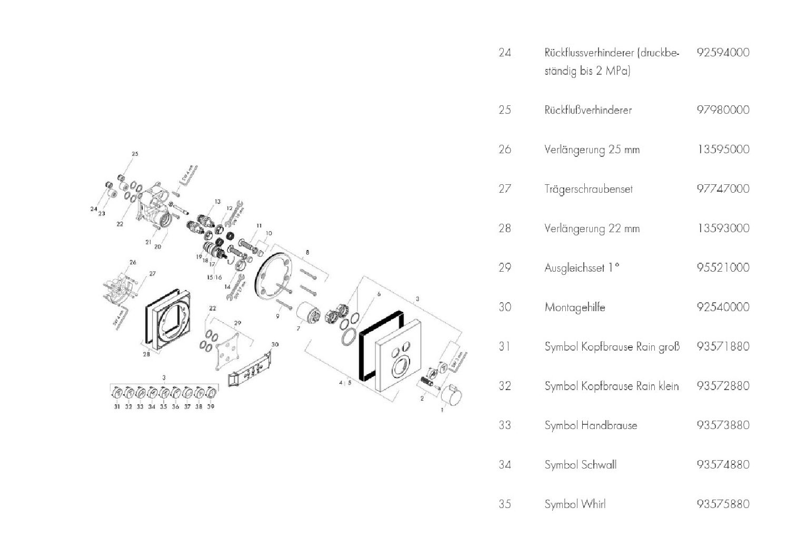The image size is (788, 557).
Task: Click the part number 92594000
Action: click(x=722, y=53)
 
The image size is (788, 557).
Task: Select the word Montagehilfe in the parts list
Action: click(x=574, y=307)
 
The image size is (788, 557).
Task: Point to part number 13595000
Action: click(x=722, y=150)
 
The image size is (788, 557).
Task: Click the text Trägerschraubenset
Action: click(x=588, y=189)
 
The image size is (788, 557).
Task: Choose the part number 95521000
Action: click(x=722, y=267)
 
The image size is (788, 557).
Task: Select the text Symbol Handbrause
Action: click(x=591, y=425)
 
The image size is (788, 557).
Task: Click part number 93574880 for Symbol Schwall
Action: click(x=722, y=464)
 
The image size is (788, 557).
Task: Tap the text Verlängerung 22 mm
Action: click(x=592, y=228)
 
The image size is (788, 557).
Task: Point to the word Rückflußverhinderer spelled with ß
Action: click(x=587, y=110)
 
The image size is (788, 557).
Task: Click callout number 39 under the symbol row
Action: click(x=211, y=406)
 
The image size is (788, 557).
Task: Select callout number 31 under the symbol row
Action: click(x=117, y=406)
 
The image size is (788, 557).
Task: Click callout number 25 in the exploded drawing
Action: click(x=135, y=154)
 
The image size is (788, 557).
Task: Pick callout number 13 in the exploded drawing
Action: click(x=217, y=202)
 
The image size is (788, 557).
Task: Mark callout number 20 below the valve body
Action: click(x=157, y=246)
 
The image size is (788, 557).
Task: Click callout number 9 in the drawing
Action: click(x=278, y=316)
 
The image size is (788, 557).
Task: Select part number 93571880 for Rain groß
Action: click(x=722, y=346)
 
